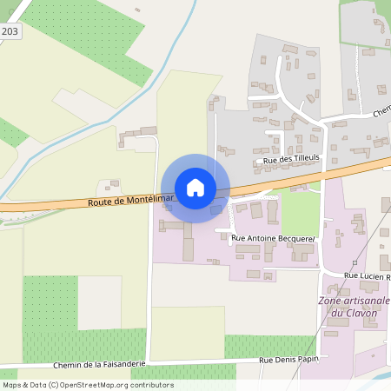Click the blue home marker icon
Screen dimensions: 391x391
(x=195, y=187)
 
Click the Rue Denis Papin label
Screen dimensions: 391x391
(x=289, y=358)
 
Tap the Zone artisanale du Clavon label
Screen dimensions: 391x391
(x=355, y=307)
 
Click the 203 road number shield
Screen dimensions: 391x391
(x=10, y=31)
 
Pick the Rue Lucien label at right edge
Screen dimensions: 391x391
(x=367, y=275)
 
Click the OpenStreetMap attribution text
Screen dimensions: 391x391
(x=87, y=385)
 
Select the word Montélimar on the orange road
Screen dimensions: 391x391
(x=137, y=200)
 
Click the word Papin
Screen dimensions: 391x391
(x=307, y=358)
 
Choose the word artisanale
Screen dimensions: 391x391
(x=366, y=301)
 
